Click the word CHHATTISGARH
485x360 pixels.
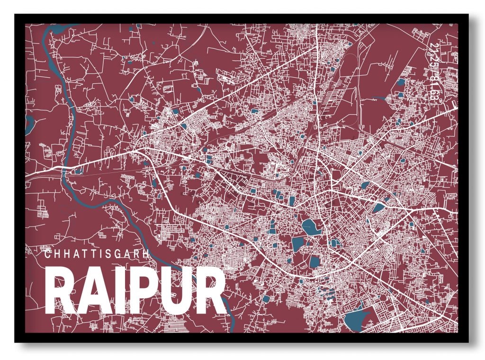97,253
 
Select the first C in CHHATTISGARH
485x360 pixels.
47,253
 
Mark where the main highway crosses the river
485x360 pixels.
66,169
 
